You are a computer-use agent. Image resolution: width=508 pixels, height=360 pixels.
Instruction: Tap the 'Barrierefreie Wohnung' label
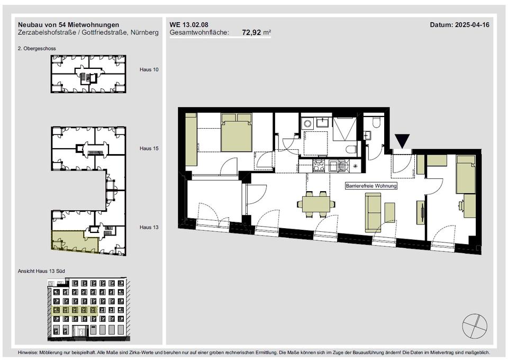click(x=371, y=186)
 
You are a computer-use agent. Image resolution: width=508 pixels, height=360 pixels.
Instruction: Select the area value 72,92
click(x=251, y=32)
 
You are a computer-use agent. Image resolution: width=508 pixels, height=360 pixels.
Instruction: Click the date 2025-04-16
click(x=472, y=25)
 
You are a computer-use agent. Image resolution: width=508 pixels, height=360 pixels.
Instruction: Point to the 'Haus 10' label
click(x=149, y=69)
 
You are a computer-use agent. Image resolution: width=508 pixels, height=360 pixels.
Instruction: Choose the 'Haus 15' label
click(x=149, y=148)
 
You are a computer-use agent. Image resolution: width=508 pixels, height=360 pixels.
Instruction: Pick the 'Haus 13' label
click(x=149, y=227)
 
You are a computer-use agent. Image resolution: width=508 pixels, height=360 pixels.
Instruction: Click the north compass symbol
click(x=475, y=326)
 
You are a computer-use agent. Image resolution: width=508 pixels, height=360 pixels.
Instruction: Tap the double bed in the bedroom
click(x=237, y=132)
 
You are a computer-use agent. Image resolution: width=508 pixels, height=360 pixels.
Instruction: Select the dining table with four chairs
click(x=316, y=204)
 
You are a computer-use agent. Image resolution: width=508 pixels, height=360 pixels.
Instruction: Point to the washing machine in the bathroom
click(x=306, y=123)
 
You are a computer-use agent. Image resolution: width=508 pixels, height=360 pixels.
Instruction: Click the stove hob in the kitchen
click(x=319, y=166)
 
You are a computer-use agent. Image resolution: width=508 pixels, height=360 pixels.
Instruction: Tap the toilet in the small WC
click(x=376, y=122)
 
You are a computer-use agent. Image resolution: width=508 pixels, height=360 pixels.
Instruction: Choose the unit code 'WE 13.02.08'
click(x=189, y=25)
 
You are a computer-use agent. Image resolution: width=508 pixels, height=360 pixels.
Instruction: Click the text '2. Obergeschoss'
click(x=37, y=49)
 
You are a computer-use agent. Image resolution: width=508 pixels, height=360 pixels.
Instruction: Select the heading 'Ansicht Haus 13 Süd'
click(x=41, y=271)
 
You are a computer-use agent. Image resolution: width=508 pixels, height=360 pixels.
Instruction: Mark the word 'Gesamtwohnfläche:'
click(x=199, y=33)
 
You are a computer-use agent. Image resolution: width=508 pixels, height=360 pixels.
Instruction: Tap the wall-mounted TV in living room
click(x=422, y=212)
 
